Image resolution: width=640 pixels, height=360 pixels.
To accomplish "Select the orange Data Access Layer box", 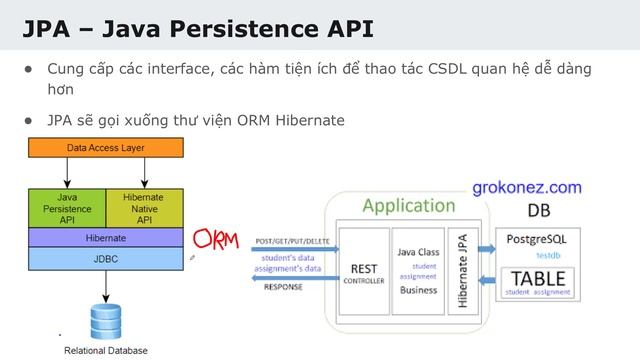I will click(x=105, y=148).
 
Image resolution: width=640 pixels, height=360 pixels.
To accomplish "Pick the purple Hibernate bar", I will click(x=105, y=238).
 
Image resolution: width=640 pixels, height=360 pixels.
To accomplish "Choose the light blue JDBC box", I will click(x=105, y=258).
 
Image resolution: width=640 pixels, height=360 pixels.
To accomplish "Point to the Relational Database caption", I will click(x=105, y=350).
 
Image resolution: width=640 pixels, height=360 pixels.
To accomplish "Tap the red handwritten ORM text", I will click(x=216, y=240).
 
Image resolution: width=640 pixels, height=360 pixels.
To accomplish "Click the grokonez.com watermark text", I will click(x=526, y=187).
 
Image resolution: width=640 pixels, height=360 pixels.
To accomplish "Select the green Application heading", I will click(x=408, y=206).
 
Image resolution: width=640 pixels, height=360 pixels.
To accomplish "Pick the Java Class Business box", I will click(x=418, y=271).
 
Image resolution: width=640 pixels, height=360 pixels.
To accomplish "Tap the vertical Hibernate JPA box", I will click(x=462, y=271).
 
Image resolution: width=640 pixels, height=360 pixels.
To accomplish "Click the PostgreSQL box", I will click(x=537, y=245).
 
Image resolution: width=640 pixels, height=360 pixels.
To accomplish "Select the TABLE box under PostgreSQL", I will click(x=538, y=283).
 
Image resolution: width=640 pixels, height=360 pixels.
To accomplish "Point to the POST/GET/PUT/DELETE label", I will click(x=292, y=242).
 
